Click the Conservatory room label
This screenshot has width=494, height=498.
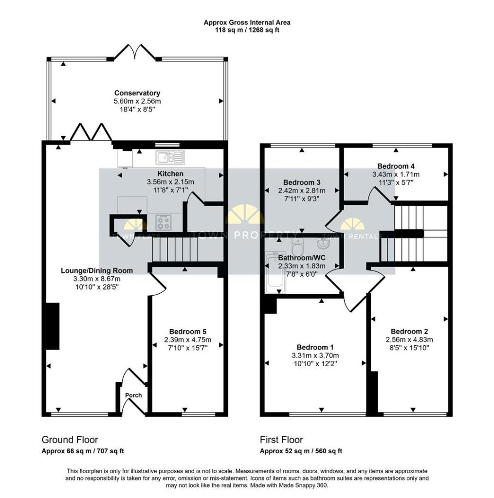[137, 93]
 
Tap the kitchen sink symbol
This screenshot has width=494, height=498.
[170, 157]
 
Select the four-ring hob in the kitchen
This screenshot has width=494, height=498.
[164, 222]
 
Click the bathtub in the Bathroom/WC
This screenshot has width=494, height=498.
[275, 272]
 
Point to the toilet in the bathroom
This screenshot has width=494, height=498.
[297, 245]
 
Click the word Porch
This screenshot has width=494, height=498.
[133, 395]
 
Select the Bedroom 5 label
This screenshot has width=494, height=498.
[188, 332]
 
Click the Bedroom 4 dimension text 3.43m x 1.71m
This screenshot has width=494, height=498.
[396, 175]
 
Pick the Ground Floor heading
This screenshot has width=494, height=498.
[70, 440]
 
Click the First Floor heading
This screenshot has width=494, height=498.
[281, 440]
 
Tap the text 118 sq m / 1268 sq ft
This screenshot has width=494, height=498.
[247, 31]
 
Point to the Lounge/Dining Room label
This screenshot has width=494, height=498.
[97, 270]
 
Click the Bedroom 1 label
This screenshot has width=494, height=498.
[315, 347]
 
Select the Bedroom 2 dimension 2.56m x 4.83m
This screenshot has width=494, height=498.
[409, 339]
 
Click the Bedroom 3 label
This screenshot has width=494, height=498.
[302, 182]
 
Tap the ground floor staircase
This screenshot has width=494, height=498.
[175, 249]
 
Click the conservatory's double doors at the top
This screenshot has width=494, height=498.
[135, 52]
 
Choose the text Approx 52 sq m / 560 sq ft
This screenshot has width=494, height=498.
[301, 451]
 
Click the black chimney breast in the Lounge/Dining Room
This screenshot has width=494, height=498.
[53, 326]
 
